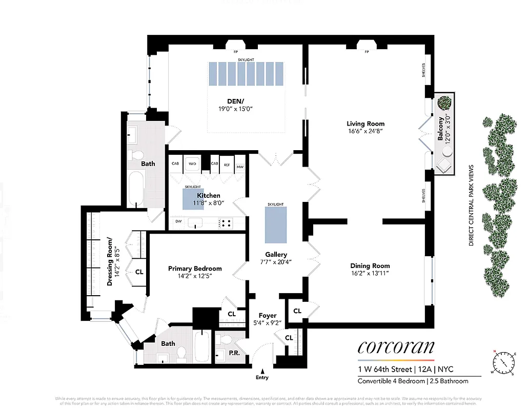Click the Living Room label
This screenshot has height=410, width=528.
(x=365, y=124)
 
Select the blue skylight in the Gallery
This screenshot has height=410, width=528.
(x=275, y=225)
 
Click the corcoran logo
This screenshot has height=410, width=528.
(x=395, y=348)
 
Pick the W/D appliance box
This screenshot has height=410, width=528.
(x=193, y=164)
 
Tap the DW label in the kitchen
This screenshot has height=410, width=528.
(x=178, y=221)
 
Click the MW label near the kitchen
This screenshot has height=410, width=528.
(x=240, y=167)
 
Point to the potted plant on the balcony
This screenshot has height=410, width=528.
(x=444, y=103)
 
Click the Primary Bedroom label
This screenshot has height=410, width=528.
(x=195, y=269)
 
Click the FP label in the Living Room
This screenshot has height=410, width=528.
(x=367, y=52)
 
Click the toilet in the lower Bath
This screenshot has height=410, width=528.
(x=181, y=353)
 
